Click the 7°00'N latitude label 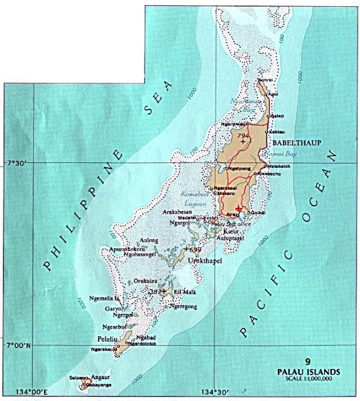click(16, 345)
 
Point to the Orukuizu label click(146, 281)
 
